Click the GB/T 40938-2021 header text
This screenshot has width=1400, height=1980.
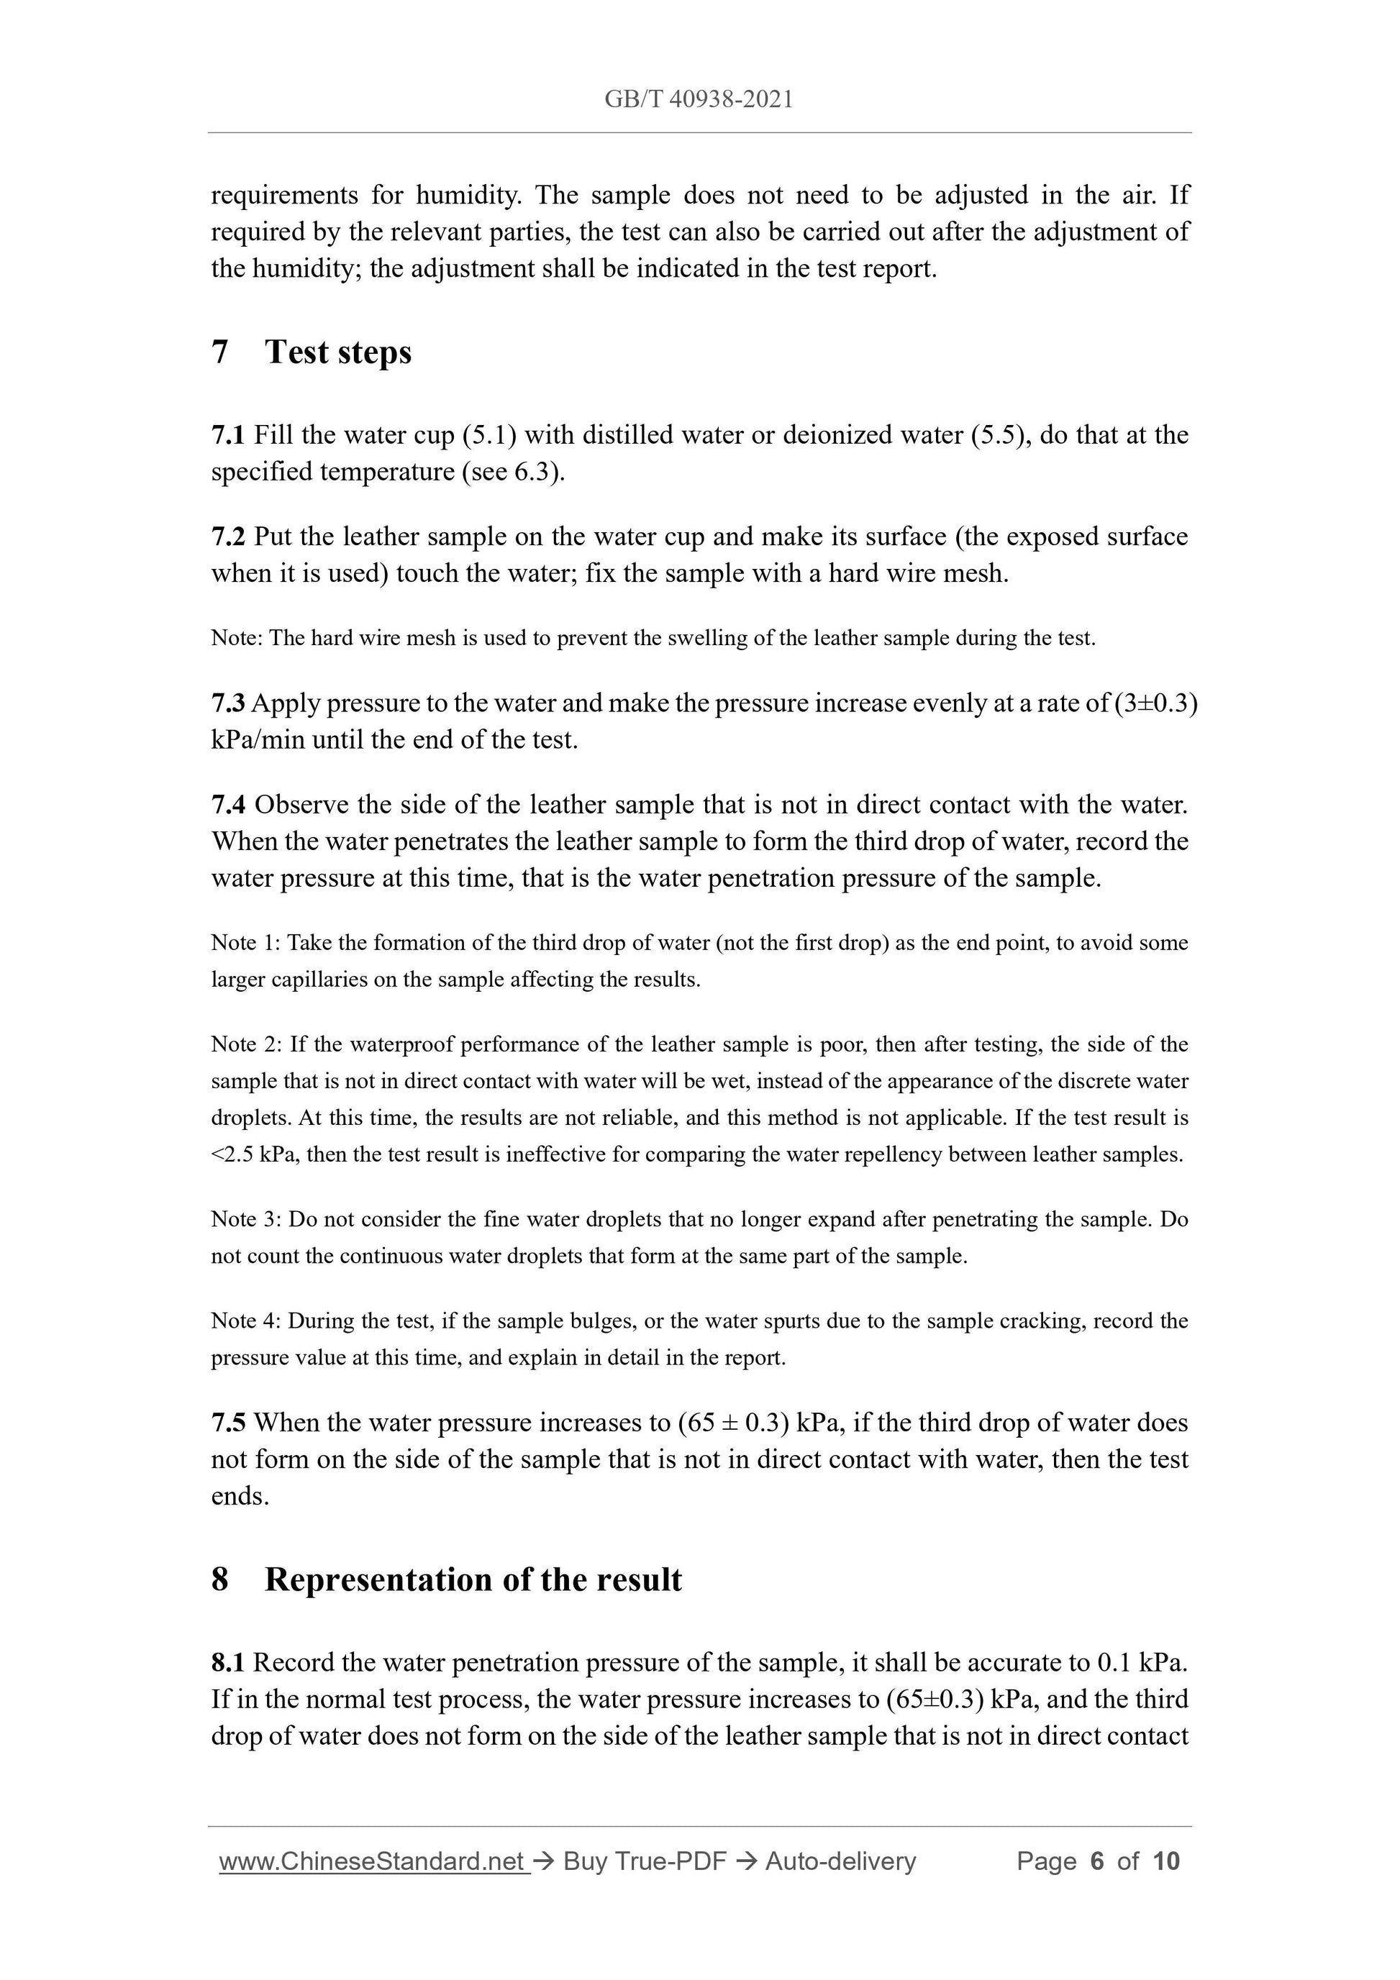tap(699, 100)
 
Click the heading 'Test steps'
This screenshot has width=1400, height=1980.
tap(337, 352)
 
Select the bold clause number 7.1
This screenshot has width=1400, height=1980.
tap(228, 434)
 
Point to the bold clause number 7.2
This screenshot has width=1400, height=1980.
tap(228, 537)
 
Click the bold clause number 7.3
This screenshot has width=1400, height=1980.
tap(228, 703)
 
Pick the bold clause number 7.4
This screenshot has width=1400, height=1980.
tap(228, 805)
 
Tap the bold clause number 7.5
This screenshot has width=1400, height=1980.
tap(228, 1422)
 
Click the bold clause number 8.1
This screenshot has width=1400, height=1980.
tap(228, 1662)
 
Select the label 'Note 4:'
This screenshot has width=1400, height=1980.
tap(246, 1321)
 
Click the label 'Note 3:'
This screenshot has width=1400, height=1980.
tap(246, 1219)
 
